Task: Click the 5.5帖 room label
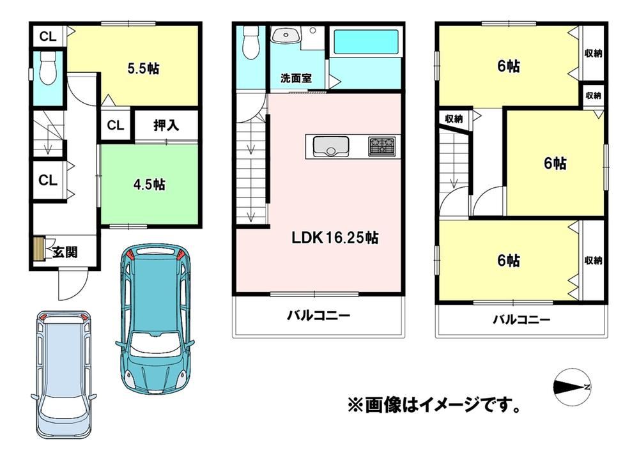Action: (143, 68)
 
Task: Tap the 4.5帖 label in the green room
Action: (149, 185)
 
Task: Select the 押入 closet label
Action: (166, 125)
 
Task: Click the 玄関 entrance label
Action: (65, 252)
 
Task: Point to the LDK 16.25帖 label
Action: (335, 238)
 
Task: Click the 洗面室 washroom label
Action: (296, 78)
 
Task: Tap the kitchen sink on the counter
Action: (330, 146)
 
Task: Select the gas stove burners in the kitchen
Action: (382, 147)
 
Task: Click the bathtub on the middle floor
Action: (365, 42)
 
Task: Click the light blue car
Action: (63, 374)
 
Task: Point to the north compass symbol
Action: (571, 387)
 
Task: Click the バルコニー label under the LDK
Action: (318, 316)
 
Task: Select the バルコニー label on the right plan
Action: (521, 319)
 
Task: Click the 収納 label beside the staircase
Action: (453, 119)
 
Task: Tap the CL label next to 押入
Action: (115, 125)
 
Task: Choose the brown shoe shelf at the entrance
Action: (38, 249)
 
